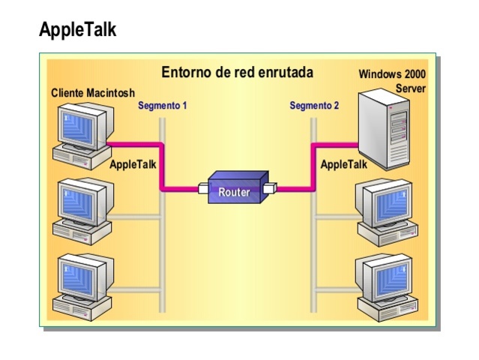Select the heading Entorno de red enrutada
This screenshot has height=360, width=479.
238,73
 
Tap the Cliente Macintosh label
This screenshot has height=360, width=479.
92,93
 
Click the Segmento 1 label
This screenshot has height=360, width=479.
162,106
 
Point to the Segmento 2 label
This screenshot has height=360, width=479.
314,106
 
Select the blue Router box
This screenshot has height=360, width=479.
236,187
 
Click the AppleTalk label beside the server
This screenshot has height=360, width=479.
344,164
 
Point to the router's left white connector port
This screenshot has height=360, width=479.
202,188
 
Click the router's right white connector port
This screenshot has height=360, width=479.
270,188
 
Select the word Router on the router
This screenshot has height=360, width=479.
234,192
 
